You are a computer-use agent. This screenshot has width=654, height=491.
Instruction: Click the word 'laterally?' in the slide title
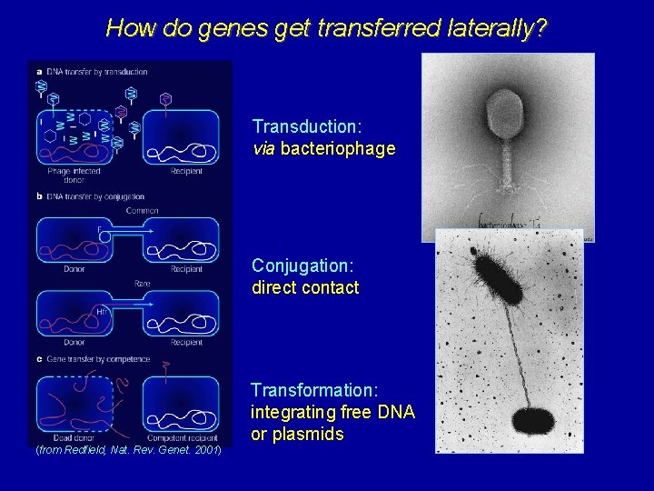498,28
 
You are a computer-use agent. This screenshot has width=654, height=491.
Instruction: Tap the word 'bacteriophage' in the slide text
338,148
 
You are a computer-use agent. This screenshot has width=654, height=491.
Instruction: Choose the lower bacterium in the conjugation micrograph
533,420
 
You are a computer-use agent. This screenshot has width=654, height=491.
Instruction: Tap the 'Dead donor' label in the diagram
69,438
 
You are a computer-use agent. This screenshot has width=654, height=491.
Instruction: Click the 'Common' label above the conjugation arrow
142,210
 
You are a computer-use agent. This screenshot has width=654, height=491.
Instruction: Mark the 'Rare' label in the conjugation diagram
143,283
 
